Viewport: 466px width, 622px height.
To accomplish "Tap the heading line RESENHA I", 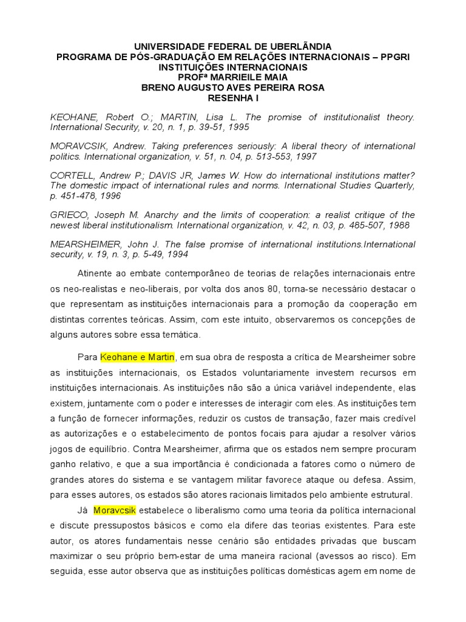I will (x=232, y=98).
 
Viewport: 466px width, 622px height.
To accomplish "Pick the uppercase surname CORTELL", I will (x=71, y=176).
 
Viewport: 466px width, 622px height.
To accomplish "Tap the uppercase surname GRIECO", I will (x=67, y=215).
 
